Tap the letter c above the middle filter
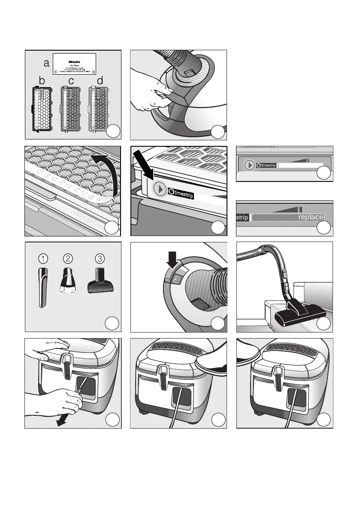click(x=71, y=81)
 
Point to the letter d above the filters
click(x=100, y=81)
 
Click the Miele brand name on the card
click(x=75, y=62)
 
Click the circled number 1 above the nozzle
click(x=43, y=259)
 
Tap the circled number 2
click(x=67, y=259)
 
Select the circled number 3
click(x=100, y=259)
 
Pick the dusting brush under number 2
click(x=67, y=281)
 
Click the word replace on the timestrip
click(x=311, y=218)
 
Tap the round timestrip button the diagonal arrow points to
click(x=160, y=189)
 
